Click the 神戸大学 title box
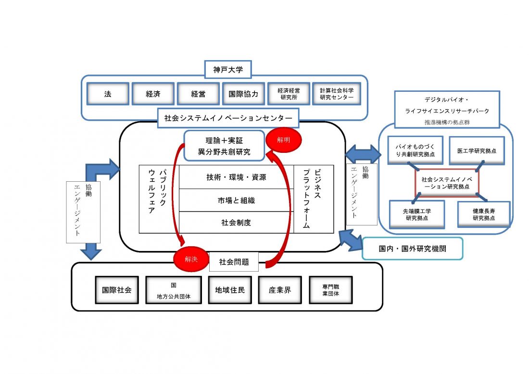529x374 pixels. pos(228,70)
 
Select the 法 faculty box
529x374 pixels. pos(108,94)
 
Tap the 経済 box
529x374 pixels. pos(153,94)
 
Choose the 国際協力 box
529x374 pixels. pos(244,94)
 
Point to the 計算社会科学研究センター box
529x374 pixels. pos(337,94)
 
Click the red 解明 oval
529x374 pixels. pos(284,139)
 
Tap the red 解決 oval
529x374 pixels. pos(191,259)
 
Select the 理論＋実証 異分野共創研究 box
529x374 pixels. pos(224,146)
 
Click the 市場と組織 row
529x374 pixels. pos(236,200)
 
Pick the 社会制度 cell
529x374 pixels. pos(236,223)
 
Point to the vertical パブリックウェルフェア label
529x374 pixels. pos(157,191)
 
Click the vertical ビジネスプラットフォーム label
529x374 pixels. pos(312,199)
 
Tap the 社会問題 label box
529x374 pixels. pos(234,262)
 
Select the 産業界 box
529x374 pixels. pos(280,290)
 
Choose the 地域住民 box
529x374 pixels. pos(230,290)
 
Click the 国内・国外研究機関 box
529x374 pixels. pos(412,249)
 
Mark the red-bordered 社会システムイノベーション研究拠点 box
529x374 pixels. pos(447,183)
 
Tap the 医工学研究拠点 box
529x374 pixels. pos(477,150)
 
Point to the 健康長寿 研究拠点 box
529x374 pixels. pos(484,214)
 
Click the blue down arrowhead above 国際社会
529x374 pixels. pos(91,254)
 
